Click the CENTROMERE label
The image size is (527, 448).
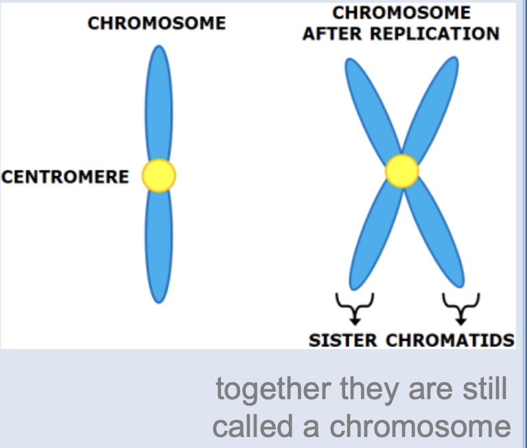pos(65,177)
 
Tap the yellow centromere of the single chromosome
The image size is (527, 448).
pos(159,176)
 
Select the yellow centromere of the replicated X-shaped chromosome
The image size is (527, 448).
pos(401,171)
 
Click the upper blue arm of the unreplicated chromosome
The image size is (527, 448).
pos(159,103)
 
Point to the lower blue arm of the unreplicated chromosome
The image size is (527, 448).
pos(159,247)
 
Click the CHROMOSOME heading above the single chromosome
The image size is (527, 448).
pos(156,23)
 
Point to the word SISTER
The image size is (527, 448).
pos(343,340)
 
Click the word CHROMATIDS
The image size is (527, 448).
pos(449,340)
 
